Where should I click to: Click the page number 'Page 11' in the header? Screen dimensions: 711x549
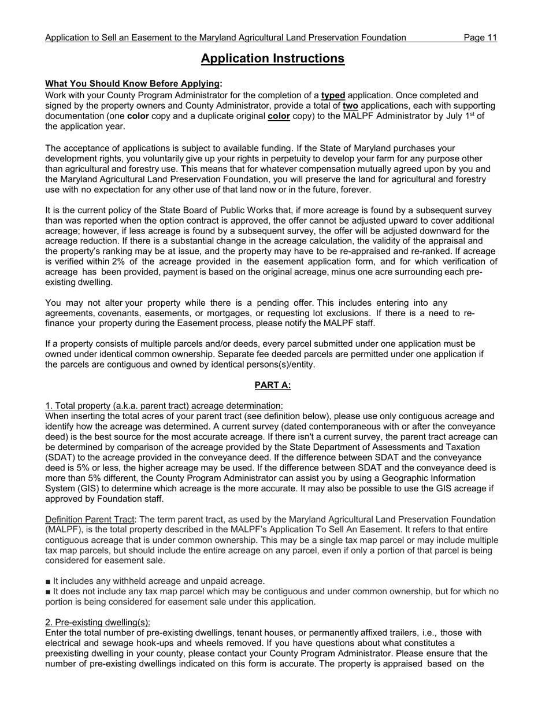pos(480,38)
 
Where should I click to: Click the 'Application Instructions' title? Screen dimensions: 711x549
pos(272,58)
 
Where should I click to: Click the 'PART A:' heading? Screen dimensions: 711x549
pos(272,385)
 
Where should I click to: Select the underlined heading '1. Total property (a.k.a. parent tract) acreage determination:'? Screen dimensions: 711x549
pos(164,406)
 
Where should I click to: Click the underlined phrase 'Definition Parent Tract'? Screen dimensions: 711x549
pos(89,520)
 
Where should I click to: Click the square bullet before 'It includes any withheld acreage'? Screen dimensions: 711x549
pos(48,582)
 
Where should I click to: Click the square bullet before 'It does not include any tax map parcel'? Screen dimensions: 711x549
pos(48,592)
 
